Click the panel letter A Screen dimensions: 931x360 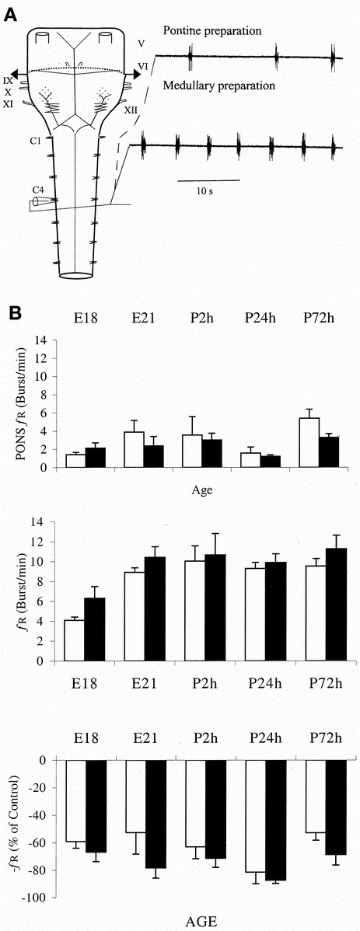point(12,12)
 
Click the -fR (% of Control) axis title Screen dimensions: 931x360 point(13,827)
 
